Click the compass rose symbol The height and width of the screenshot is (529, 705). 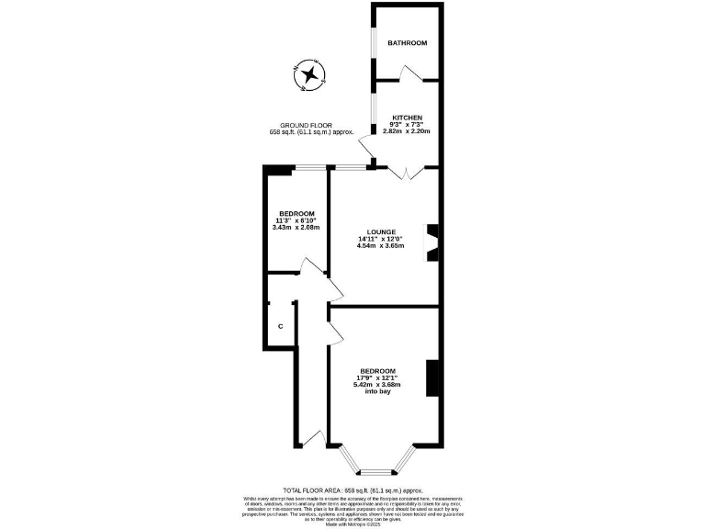point(310,74)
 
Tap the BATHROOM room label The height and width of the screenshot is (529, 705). point(407,43)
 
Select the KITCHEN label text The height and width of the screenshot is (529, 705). point(407,118)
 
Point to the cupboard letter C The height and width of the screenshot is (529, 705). point(281,327)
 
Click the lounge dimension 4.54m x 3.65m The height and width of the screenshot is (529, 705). point(380,248)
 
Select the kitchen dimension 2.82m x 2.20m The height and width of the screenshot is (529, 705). point(407,132)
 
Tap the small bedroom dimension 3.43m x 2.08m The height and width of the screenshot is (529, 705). point(297,228)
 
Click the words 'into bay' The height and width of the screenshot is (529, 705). point(378,392)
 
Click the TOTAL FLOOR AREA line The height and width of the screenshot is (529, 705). point(352,491)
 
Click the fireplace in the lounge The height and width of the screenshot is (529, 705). point(432,243)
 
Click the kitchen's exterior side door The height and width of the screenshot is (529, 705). point(367,147)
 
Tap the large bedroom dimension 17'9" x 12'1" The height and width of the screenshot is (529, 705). point(378,377)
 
